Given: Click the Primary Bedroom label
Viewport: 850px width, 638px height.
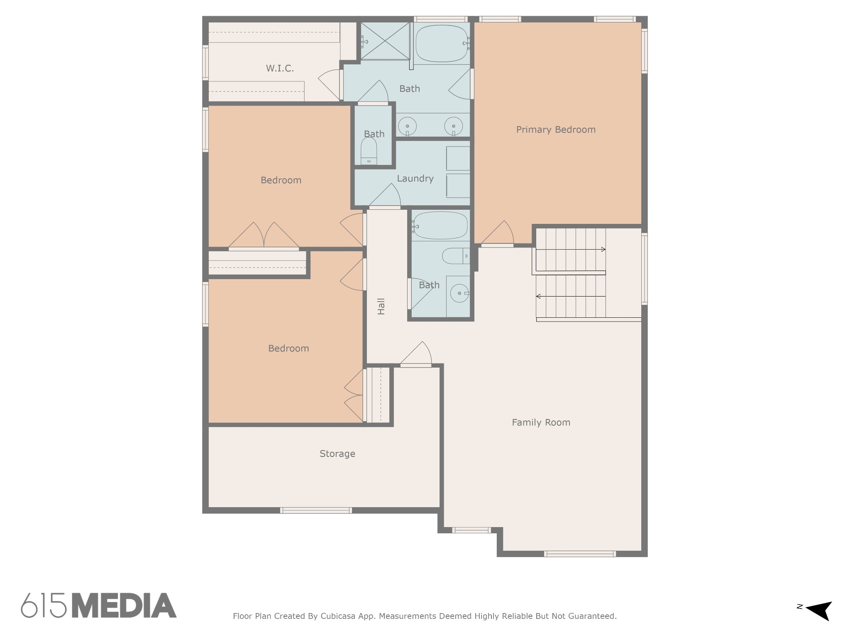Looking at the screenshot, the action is click(x=556, y=130).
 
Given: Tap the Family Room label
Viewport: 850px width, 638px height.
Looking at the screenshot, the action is click(x=541, y=422).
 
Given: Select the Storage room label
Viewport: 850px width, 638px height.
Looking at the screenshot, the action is click(x=337, y=454).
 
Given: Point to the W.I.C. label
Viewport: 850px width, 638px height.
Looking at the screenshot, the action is click(x=280, y=68).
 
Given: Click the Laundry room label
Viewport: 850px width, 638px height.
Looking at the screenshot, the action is click(x=415, y=179).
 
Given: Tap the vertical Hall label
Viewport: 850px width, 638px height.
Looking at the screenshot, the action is click(x=381, y=306).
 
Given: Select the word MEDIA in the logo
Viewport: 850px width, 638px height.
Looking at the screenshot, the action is click(x=125, y=605).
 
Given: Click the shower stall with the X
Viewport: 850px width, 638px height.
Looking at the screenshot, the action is click(x=385, y=41).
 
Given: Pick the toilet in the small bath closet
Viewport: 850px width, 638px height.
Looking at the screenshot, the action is click(x=369, y=151).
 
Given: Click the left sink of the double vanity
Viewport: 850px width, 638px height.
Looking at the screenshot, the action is click(x=408, y=126).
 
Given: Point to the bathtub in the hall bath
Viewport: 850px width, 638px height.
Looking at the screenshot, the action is click(x=440, y=226).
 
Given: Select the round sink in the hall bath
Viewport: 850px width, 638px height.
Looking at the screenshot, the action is click(x=459, y=293).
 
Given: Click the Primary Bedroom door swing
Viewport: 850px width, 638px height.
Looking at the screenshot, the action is click(x=498, y=233).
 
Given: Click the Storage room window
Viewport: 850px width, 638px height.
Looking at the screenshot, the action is click(x=316, y=510).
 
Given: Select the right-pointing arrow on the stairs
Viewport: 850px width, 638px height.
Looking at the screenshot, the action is click(x=571, y=249).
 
